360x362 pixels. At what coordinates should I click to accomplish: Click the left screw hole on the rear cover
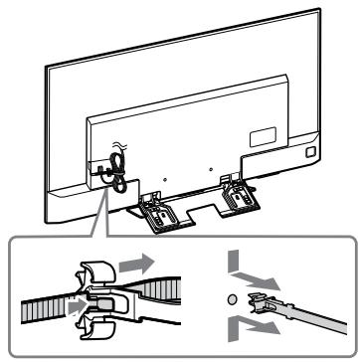163,159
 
